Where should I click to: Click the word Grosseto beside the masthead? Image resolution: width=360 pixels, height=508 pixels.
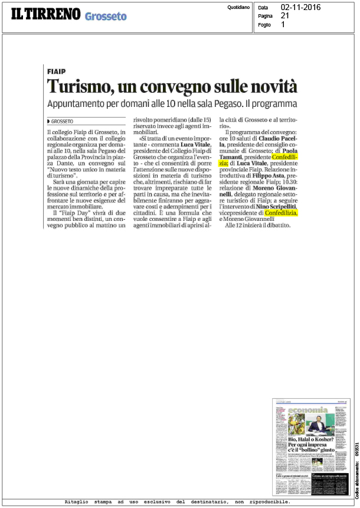click(105, 17)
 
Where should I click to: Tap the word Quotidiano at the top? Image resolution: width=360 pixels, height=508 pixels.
click(238, 7)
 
